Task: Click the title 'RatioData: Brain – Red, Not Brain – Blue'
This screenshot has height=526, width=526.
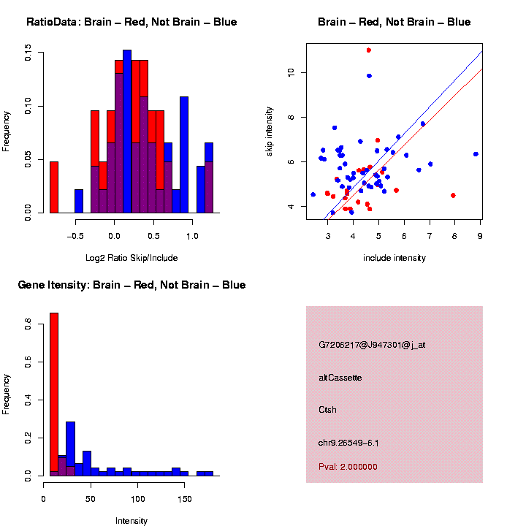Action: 131,22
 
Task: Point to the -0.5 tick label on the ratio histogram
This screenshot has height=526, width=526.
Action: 75,236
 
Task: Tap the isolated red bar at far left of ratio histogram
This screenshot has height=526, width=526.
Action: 53,187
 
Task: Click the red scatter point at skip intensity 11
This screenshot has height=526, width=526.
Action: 369,50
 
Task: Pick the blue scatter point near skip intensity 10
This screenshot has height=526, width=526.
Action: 369,76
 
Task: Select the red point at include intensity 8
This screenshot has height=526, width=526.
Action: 454,195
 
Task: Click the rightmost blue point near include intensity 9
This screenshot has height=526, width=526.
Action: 476,154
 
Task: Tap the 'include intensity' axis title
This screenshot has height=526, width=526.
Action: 394,258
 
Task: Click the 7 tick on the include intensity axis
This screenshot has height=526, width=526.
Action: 430,236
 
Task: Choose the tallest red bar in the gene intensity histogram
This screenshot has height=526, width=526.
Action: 53,394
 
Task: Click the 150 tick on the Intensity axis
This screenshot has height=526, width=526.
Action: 185,499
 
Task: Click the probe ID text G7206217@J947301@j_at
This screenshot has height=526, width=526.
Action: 372,345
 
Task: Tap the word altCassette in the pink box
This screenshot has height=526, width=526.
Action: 340,378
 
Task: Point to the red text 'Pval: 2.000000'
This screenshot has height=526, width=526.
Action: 348,467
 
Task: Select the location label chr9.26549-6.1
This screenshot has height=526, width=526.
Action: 348,443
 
